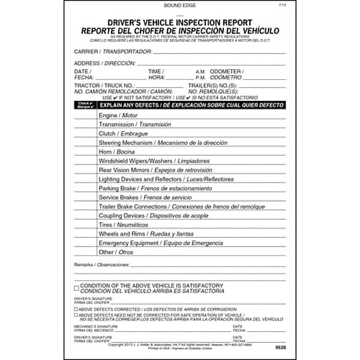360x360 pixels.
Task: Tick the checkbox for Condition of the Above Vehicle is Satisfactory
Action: (76, 287)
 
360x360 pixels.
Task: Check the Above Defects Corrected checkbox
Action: (76, 308)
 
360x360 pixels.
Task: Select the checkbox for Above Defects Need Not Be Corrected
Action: (76, 314)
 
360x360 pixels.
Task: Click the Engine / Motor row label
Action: (118, 115)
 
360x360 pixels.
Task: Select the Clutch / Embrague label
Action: (123, 134)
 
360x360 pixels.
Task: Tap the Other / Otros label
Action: (116, 252)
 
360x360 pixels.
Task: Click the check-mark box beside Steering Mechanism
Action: (86, 143)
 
